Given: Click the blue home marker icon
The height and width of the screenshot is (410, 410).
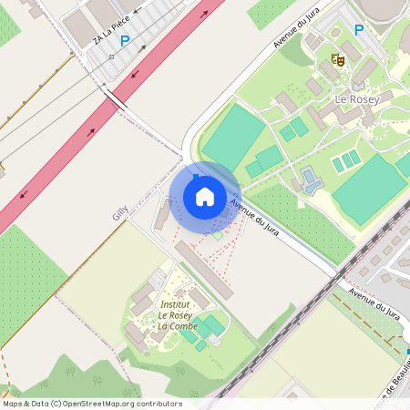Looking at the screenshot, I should (x=205, y=196).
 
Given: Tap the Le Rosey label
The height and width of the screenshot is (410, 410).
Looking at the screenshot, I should (x=355, y=98).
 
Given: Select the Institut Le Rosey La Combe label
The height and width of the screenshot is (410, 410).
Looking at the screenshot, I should (x=178, y=314).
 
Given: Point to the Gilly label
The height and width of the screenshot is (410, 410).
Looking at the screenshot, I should (x=119, y=212).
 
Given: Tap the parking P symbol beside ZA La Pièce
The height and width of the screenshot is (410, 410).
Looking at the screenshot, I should (x=125, y=41).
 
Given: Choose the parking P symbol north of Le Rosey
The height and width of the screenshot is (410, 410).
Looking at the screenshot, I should (x=358, y=30).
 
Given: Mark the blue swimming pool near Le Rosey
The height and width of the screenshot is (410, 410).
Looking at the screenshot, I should (x=311, y=179).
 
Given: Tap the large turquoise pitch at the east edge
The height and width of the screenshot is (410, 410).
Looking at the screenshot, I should (x=368, y=189).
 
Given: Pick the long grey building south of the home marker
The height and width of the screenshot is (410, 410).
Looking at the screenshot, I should (x=203, y=269).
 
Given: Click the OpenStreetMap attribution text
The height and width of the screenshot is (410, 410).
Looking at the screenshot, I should (x=92, y=404).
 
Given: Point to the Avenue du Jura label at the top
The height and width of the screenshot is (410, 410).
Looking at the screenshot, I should (x=299, y=32).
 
